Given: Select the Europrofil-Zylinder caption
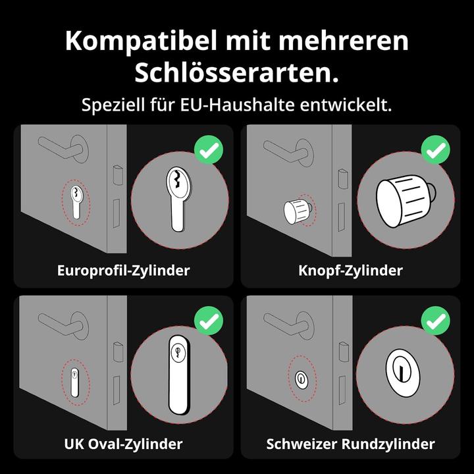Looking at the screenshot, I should (124, 271).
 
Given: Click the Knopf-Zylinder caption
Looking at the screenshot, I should (350, 271).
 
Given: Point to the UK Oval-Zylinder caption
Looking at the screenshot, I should (124, 444).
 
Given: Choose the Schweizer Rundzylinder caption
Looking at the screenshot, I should (350, 444).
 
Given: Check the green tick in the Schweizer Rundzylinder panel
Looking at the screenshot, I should (435, 322).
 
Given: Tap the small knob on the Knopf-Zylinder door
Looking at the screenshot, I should (296, 209).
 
